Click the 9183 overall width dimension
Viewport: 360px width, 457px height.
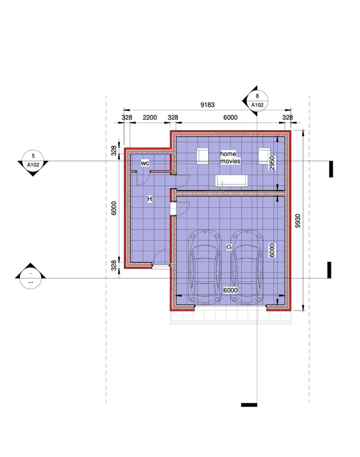click(x=207, y=105)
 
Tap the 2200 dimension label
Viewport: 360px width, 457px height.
click(x=150, y=117)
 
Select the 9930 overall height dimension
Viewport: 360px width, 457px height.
click(x=298, y=221)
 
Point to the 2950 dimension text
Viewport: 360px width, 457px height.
click(x=272, y=163)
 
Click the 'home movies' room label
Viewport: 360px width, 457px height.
click(x=230, y=157)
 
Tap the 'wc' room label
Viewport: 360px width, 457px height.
click(x=145, y=163)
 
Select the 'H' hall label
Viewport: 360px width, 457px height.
click(x=149, y=199)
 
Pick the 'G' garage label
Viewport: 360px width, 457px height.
click(x=229, y=247)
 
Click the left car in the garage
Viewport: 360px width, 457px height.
click(x=204, y=267)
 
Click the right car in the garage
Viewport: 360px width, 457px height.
click(x=247, y=267)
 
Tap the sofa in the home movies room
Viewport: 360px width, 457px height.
click(x=231, y=181)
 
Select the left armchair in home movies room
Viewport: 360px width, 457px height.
click(x=202, y=156)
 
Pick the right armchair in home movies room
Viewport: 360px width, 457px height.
click(x=264, y=156)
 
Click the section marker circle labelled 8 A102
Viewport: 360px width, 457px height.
click(x=257, y=101)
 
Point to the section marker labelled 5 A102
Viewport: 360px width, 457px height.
click(x=33, y=161)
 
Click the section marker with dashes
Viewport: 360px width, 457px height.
click(x=30, y=278)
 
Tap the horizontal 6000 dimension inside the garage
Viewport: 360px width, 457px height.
click(x=230, y=290)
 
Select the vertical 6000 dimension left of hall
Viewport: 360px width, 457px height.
click(x=114, y=208)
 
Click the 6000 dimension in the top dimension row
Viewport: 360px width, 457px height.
click(x=230, y=117)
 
